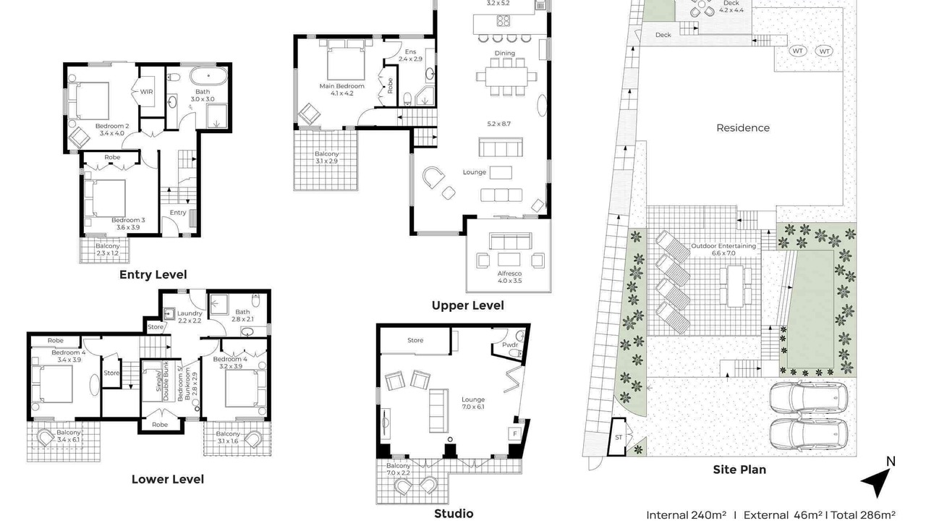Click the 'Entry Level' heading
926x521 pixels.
153,274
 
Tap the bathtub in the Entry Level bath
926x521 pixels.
209,76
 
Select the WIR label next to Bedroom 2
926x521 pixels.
146,92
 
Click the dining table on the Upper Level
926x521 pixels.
506,77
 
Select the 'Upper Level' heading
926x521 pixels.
467,305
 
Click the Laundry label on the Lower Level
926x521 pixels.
190,313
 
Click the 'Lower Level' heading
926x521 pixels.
167,479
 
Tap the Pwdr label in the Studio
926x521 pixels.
510,345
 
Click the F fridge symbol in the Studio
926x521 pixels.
514,433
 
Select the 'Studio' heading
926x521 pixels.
454,513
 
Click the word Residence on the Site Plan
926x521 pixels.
743,128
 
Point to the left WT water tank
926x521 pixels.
797,51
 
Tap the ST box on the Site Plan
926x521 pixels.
619,437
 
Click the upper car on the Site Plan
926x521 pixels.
808,399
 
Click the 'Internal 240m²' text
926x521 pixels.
687,514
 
